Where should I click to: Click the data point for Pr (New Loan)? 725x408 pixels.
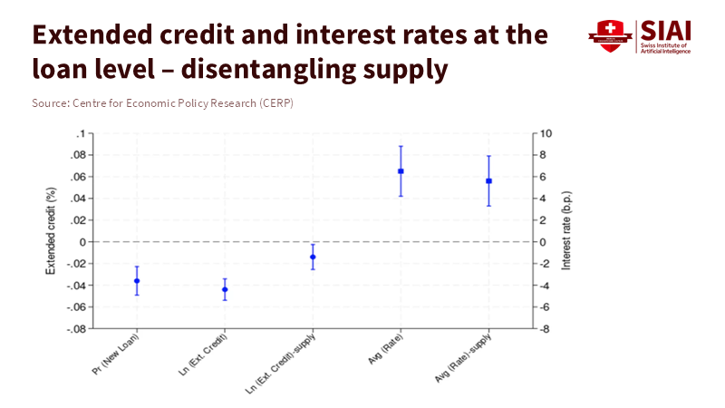[137, 281]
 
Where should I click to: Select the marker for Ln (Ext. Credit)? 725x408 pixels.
[225, 289]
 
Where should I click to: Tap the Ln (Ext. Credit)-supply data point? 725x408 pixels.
[313, 257]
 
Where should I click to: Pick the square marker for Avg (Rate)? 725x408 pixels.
[401, 171]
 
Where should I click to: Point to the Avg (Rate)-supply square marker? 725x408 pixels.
[488, 181]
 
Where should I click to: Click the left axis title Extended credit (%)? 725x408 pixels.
[52, 231]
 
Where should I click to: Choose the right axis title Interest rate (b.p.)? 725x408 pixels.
[567, 231]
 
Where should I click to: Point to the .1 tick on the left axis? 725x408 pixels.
[81, 133]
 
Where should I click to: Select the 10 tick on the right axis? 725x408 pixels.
[546, 133]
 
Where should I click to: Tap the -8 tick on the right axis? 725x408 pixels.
[546, 329]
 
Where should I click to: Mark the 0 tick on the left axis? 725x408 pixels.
[82, 242]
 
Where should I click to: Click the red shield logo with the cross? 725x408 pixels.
[608, 36]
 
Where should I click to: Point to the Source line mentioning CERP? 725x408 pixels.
[162, 103]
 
